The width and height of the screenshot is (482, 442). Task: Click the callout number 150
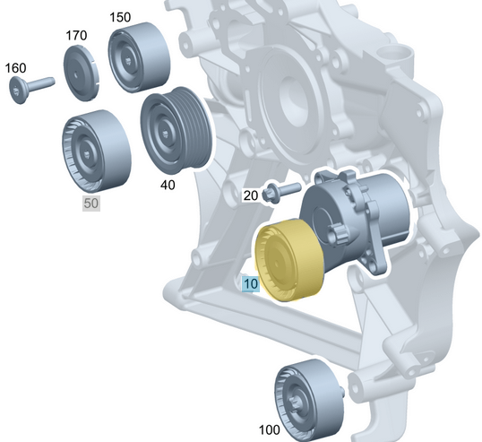click(x=118, y=17)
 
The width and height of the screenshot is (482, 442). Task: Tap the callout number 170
click(x=76, y=35)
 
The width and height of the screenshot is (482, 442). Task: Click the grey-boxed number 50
click(x=91, y=204)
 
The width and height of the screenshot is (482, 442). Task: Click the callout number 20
click(x=250, y=195)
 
